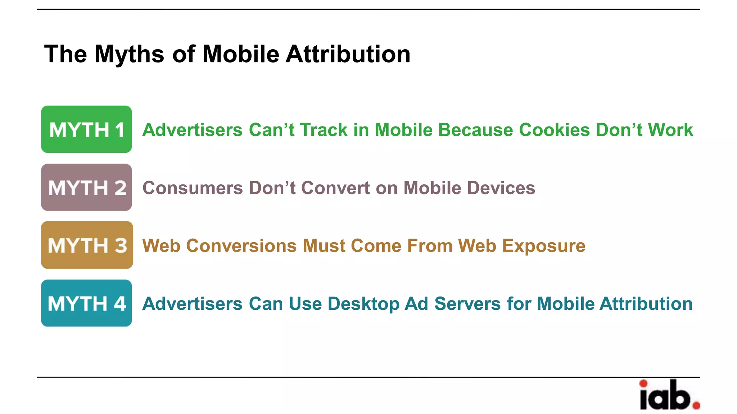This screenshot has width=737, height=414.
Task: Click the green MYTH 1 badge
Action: point(86,129)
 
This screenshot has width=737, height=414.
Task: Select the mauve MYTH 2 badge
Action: point(86,187)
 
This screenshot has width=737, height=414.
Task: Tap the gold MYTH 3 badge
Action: point(87,245)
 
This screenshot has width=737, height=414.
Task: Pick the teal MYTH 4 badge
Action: point(86,303)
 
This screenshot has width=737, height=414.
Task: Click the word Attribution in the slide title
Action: point(348,54)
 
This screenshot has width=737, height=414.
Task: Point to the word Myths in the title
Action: point(130,54)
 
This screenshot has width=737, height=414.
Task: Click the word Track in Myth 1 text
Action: point(324,130)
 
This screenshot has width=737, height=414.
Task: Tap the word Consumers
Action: point(193,188)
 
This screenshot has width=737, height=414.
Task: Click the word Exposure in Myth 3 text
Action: point(544,246)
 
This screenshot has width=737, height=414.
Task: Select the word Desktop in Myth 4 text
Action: point(363,304)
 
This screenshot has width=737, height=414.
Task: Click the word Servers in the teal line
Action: point(467,304)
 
